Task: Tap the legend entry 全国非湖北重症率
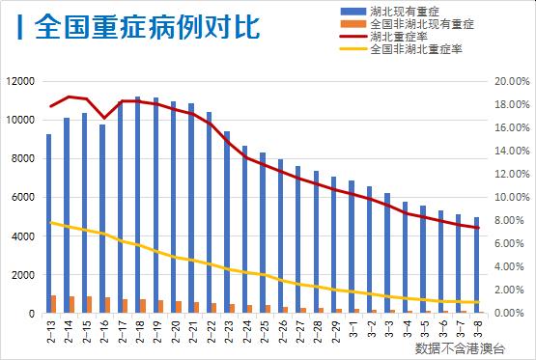[x=411, y=50]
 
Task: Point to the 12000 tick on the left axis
[x=19, y=81]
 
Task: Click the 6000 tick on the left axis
[x=22, y=198]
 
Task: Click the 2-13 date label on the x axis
[x=51, y=330]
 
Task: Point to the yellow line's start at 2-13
[x=51, y=223]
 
